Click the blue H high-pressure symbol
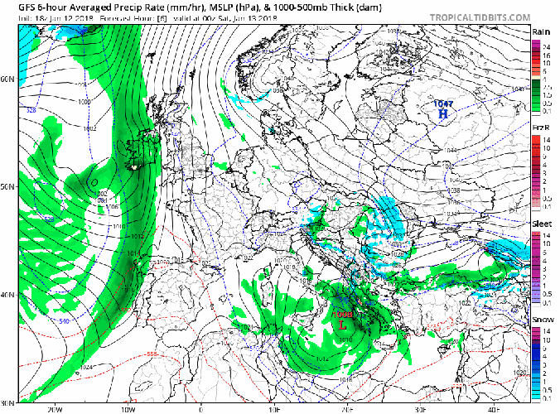coord(443,113)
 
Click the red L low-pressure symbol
coord(341,325)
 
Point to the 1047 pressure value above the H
coord(443,103)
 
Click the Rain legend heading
coord(541,31)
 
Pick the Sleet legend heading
coord(542,225)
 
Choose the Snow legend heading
coord(541,320)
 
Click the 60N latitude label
coord(8,79)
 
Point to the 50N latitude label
coord(8,186)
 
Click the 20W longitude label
coord(56,408)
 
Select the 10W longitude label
coord(128,408)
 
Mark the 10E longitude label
coord(274,408)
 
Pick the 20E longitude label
coord(347,408)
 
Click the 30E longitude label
coord(420,408)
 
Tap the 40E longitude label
coord(493,408)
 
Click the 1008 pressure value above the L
coord(342,315)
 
